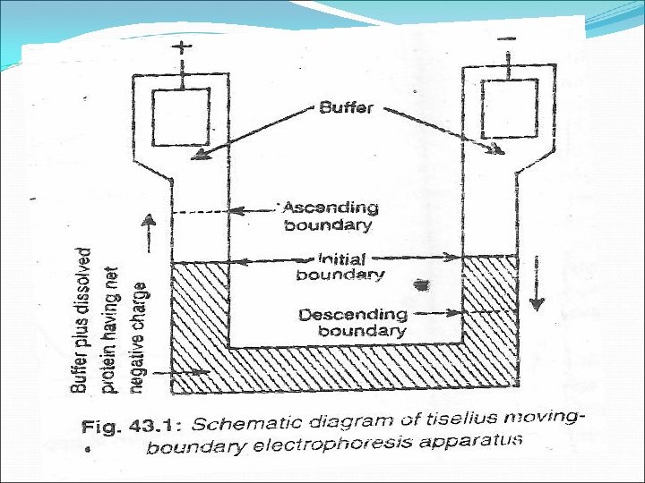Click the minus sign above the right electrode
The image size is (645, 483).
(506, 40)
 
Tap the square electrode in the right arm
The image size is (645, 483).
(509, 109)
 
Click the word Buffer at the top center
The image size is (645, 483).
(347, 109)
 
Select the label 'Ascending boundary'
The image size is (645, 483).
(330, 216)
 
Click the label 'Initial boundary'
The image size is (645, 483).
(340, 266)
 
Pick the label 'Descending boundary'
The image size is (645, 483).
(352, 322)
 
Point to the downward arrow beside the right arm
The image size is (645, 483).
(537, 282)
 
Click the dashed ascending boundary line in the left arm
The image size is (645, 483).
(198, 212)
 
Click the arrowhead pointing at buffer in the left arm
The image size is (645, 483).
(197, 156)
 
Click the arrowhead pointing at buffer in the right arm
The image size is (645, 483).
(494, 148)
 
